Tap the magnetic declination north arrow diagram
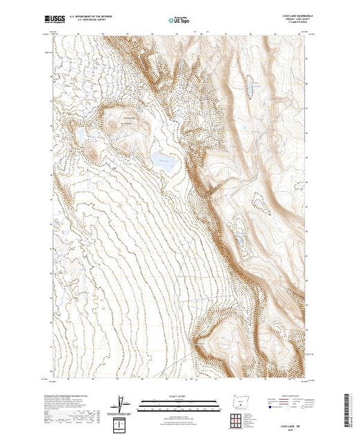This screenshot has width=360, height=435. pyautogui.click(x=122, y=403)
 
